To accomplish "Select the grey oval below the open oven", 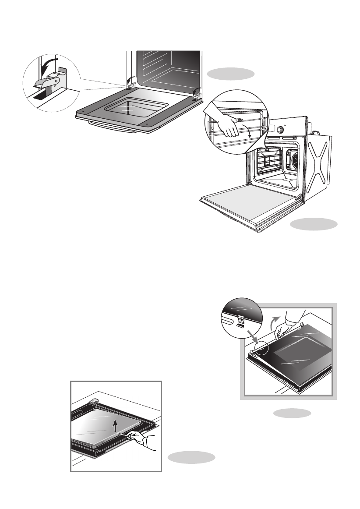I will (314, 224).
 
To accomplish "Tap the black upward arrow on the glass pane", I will (115, 424).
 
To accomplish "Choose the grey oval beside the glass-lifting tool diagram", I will (191, 457).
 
